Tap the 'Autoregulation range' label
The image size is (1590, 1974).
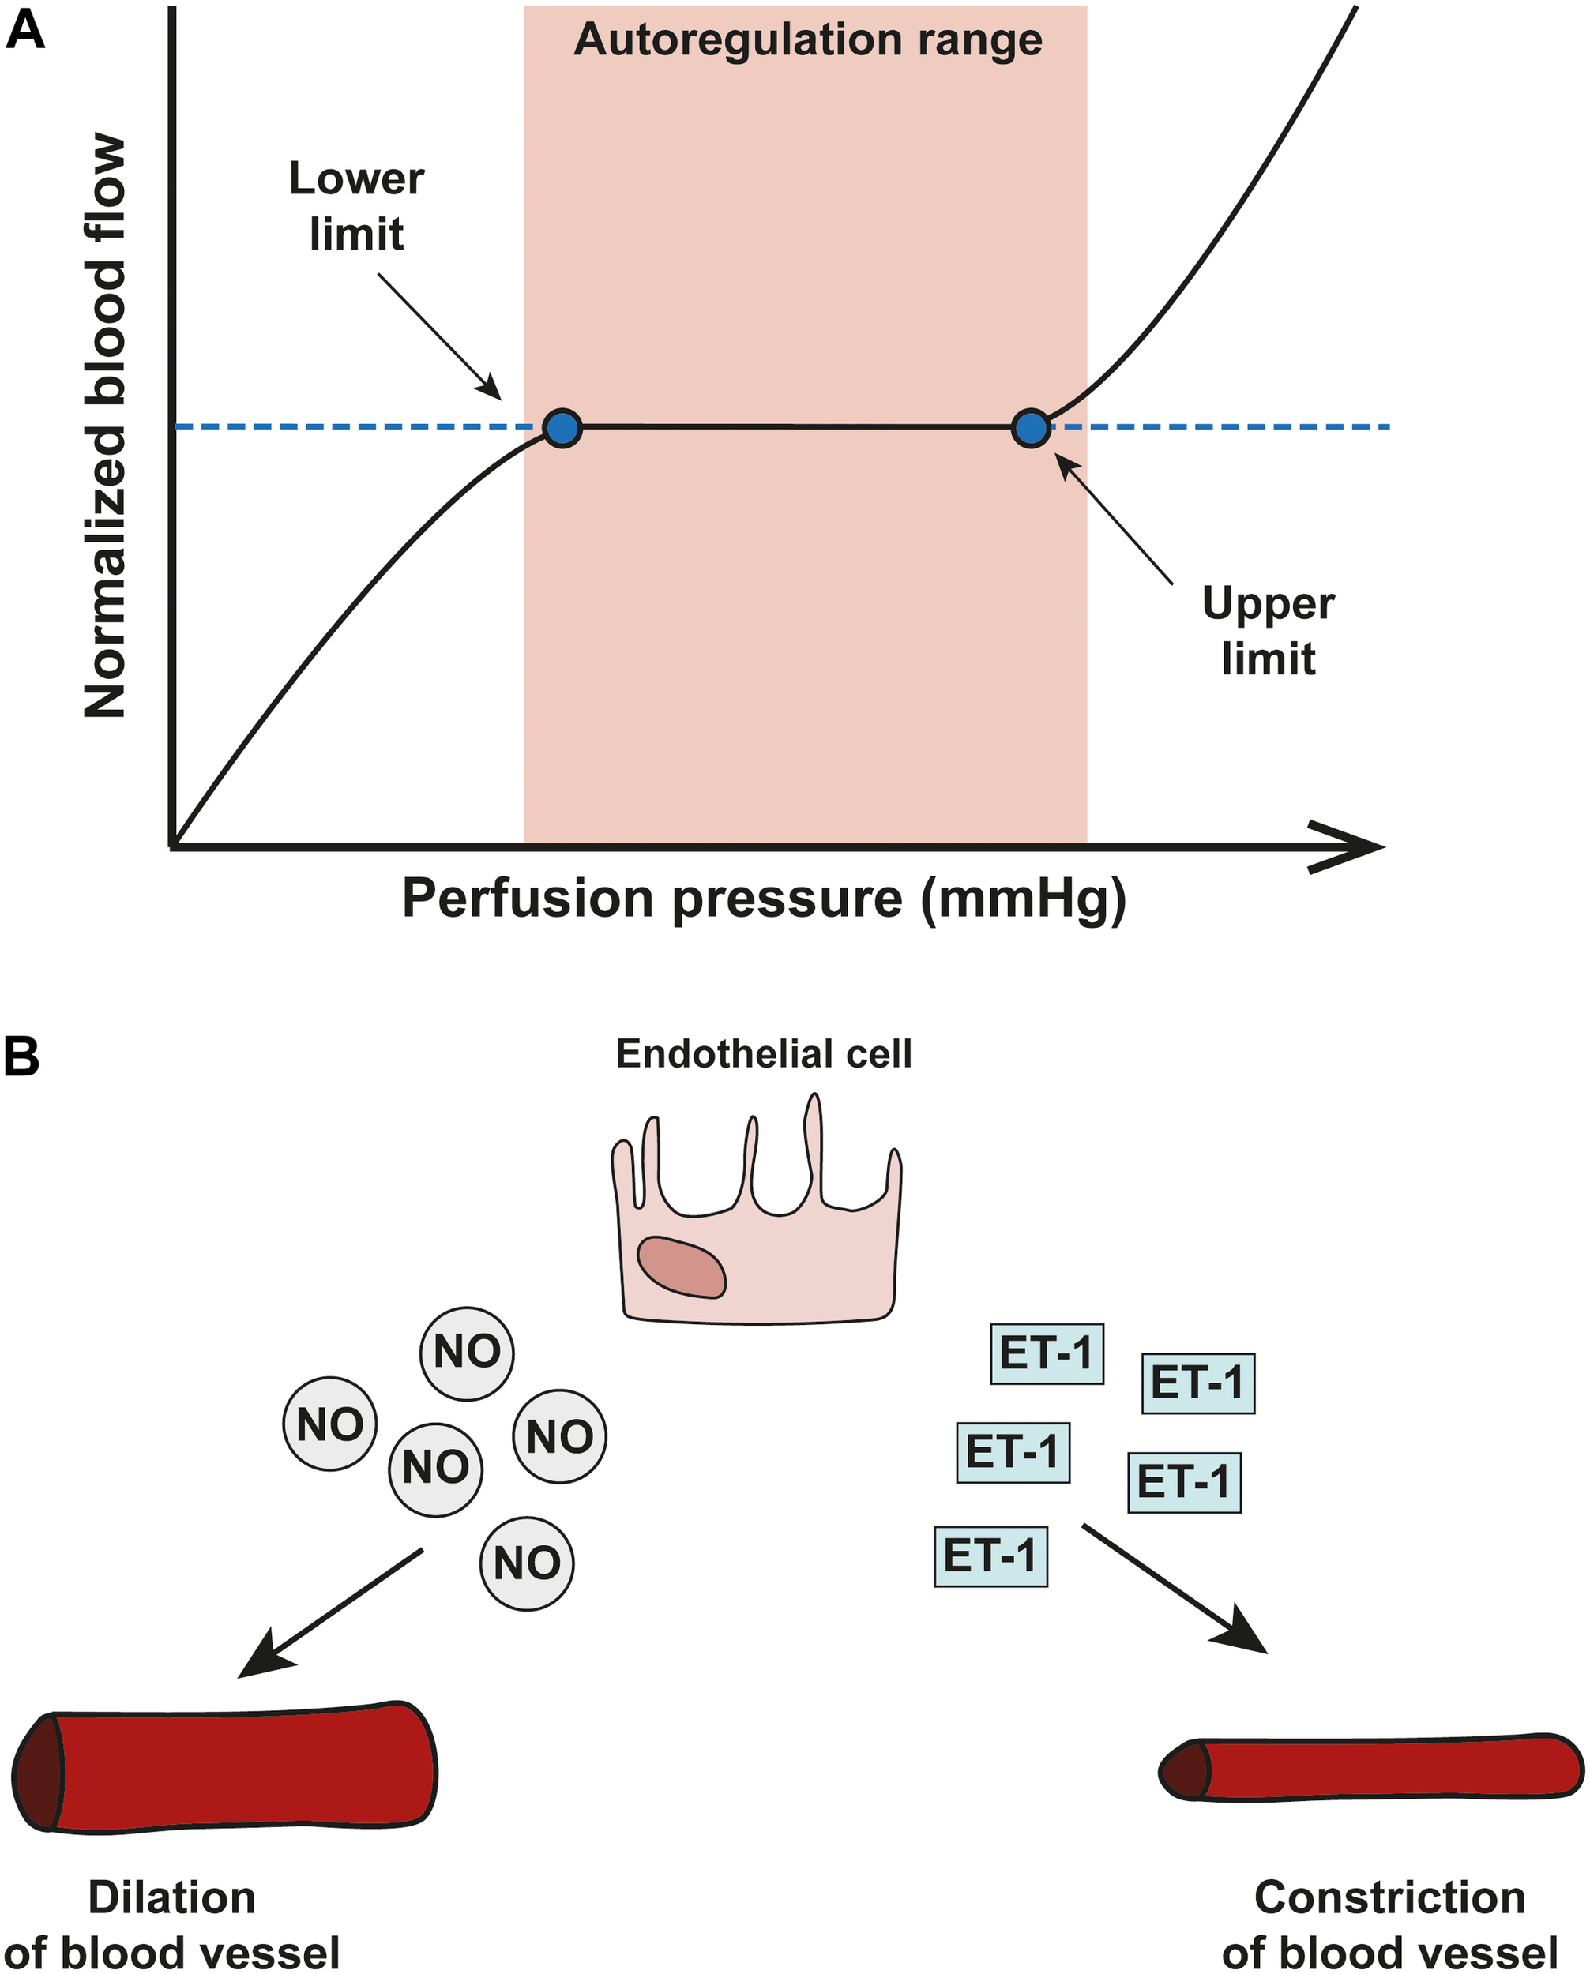tap(808, 41)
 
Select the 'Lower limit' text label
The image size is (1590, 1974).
tap(356, 206)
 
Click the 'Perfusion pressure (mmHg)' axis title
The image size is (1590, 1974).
tap(764, 899)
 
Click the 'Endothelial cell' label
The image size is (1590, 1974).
tap(764, 1054)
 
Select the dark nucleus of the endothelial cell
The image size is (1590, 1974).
tap(682, 1267)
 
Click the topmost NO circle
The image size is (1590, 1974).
tap(467, 1353)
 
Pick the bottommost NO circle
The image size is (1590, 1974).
tap(527, 1563)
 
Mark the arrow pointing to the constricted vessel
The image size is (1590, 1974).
tap(1175, 1589)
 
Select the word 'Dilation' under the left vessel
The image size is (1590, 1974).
tap(171, 1898)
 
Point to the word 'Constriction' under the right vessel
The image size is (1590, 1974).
tap(1389, 1898)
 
